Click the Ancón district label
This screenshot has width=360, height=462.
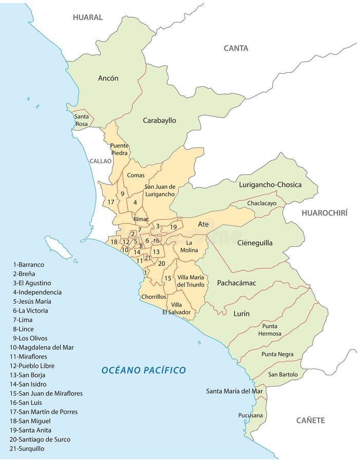coord(108,78)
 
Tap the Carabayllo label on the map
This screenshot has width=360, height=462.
coord(159,121)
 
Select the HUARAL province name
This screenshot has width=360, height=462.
coord(87,17)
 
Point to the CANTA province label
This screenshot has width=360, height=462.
coord(236,48)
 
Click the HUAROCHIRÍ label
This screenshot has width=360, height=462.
coord(324,213)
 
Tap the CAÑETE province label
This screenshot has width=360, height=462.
coord(310,420)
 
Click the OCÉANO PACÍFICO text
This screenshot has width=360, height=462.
coord(143,370)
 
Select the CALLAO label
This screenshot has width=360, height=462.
coord(100,161)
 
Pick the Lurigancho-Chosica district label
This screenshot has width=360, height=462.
coord(270,185)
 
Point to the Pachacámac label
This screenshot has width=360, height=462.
coord(236,283)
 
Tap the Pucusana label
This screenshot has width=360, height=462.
coord(251,415)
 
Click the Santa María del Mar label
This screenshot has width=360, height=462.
coord(234,391)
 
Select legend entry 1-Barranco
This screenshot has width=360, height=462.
coord(29,264)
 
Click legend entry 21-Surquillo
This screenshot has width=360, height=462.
coord(27,448)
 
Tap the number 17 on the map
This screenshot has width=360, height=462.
coord(110,202)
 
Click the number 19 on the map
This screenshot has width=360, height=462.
coord(174,227)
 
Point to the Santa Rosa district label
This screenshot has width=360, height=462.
coord(81,120)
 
